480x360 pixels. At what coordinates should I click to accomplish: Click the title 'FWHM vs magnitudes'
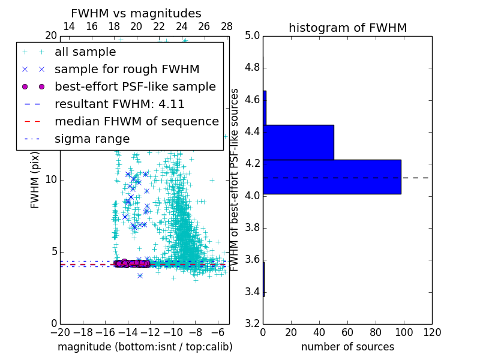[x=136, y=13]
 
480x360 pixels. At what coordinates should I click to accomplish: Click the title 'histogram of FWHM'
[x=347, y=28]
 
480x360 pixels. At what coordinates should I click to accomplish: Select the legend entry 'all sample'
[x=85, y=52]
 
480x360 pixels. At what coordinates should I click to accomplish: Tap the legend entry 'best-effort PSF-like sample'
[x=135, y=86]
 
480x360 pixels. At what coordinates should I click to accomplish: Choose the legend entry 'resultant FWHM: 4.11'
[x=119, y=104]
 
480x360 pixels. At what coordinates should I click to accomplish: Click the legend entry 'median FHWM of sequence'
[x=136, y=121]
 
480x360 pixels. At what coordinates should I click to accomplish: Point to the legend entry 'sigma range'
[x=92, y=139]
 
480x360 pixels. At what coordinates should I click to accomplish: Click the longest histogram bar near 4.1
[x=332, y=177]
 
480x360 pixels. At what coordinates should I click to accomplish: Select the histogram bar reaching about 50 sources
[x=298, y=142]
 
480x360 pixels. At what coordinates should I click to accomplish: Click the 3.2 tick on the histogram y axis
[x=253, y=324]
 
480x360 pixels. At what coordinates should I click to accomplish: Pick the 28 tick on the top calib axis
[x=227, y=26]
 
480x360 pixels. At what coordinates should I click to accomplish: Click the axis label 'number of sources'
[x=347, y=347]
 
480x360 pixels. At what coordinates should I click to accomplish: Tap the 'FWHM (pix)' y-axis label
[x=35, y=180]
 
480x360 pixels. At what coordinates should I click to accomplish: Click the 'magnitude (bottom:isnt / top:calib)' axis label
[x=145, y=347]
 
